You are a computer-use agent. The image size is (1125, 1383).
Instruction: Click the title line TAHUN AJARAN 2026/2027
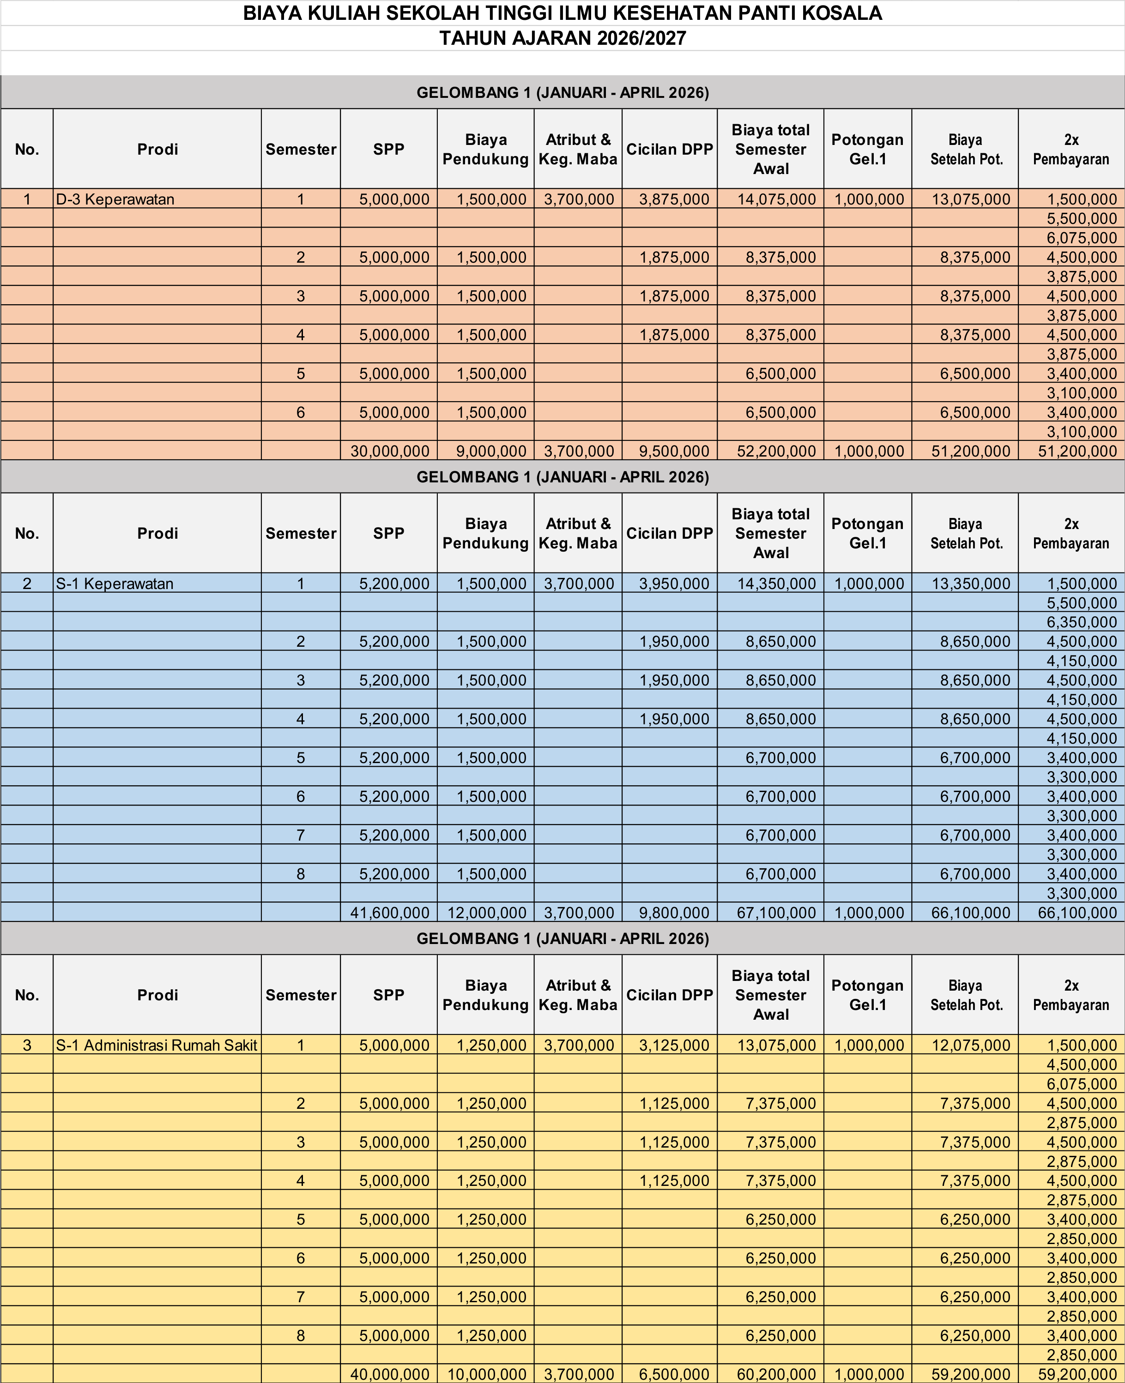(x=562, y=38)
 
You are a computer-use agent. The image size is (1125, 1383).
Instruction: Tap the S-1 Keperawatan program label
(x=115, y=583)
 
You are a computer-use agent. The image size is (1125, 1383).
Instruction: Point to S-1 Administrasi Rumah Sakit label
(x=156, y=1045)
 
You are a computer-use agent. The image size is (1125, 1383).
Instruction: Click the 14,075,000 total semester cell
(x=776, y=199)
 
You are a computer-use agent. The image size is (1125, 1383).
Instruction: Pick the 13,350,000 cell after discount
(x=970, y=583)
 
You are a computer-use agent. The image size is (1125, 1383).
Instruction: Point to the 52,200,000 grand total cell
(x=776, y=451)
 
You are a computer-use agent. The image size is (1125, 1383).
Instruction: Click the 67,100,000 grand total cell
(x=776, y=913)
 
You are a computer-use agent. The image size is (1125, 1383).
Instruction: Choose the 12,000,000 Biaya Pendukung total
(x=487, y=913)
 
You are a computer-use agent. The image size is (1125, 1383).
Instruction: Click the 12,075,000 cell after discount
(x=970, y=1045)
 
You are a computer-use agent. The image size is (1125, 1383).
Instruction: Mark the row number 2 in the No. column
(x=27, y=583)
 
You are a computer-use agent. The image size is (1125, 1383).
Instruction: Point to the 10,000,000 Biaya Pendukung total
(x=487, y=1374)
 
